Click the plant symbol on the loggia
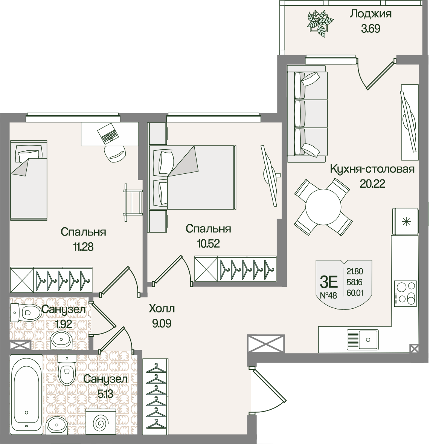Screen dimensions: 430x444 (x=320, y=23)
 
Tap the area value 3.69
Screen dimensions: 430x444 (x=371, y=29)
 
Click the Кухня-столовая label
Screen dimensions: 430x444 (x=372, y=169)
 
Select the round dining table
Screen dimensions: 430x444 (x=323, y=207)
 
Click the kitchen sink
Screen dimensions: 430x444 (x=363, y=339)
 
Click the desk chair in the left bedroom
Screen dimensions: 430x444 (x=114, y=154)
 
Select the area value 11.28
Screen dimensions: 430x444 (x=83, y=247)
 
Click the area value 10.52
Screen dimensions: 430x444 (x=209, y=243)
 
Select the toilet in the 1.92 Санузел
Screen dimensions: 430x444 (x=26, y=312)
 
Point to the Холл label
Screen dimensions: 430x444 (x=162, y=309)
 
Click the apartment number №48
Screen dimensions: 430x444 (x=328, y=295)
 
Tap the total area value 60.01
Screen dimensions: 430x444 (x=355, y=293)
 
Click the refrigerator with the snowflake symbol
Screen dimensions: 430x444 (x=405, y=221)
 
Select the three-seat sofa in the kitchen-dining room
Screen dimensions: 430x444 (x=307, y=114)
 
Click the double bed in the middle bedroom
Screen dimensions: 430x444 (x=192, y=178)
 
